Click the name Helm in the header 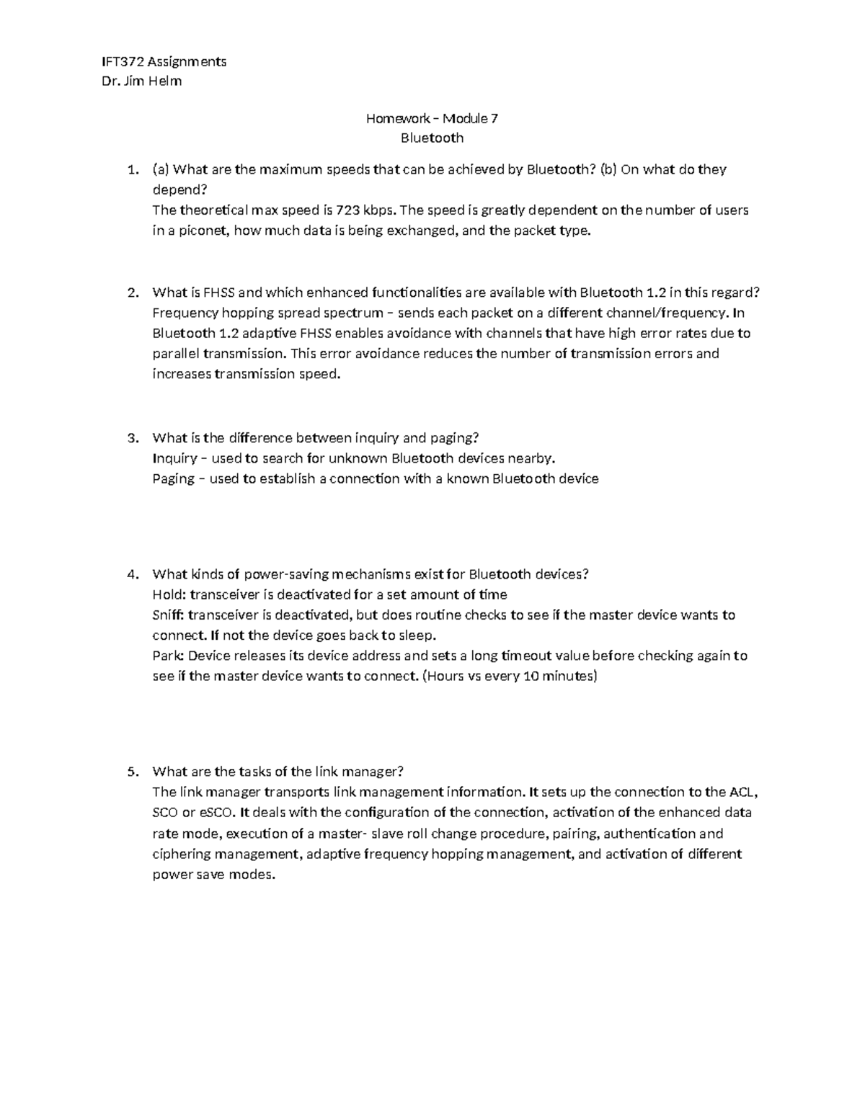(x=166, y=81)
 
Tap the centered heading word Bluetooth (x=432, y=138)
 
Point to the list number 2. (x=131, y=293)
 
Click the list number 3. (x=131, y=438)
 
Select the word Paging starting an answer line (x=173, y=479)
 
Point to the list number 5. (x=131, y=772)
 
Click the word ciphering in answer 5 (x=182, y=854)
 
